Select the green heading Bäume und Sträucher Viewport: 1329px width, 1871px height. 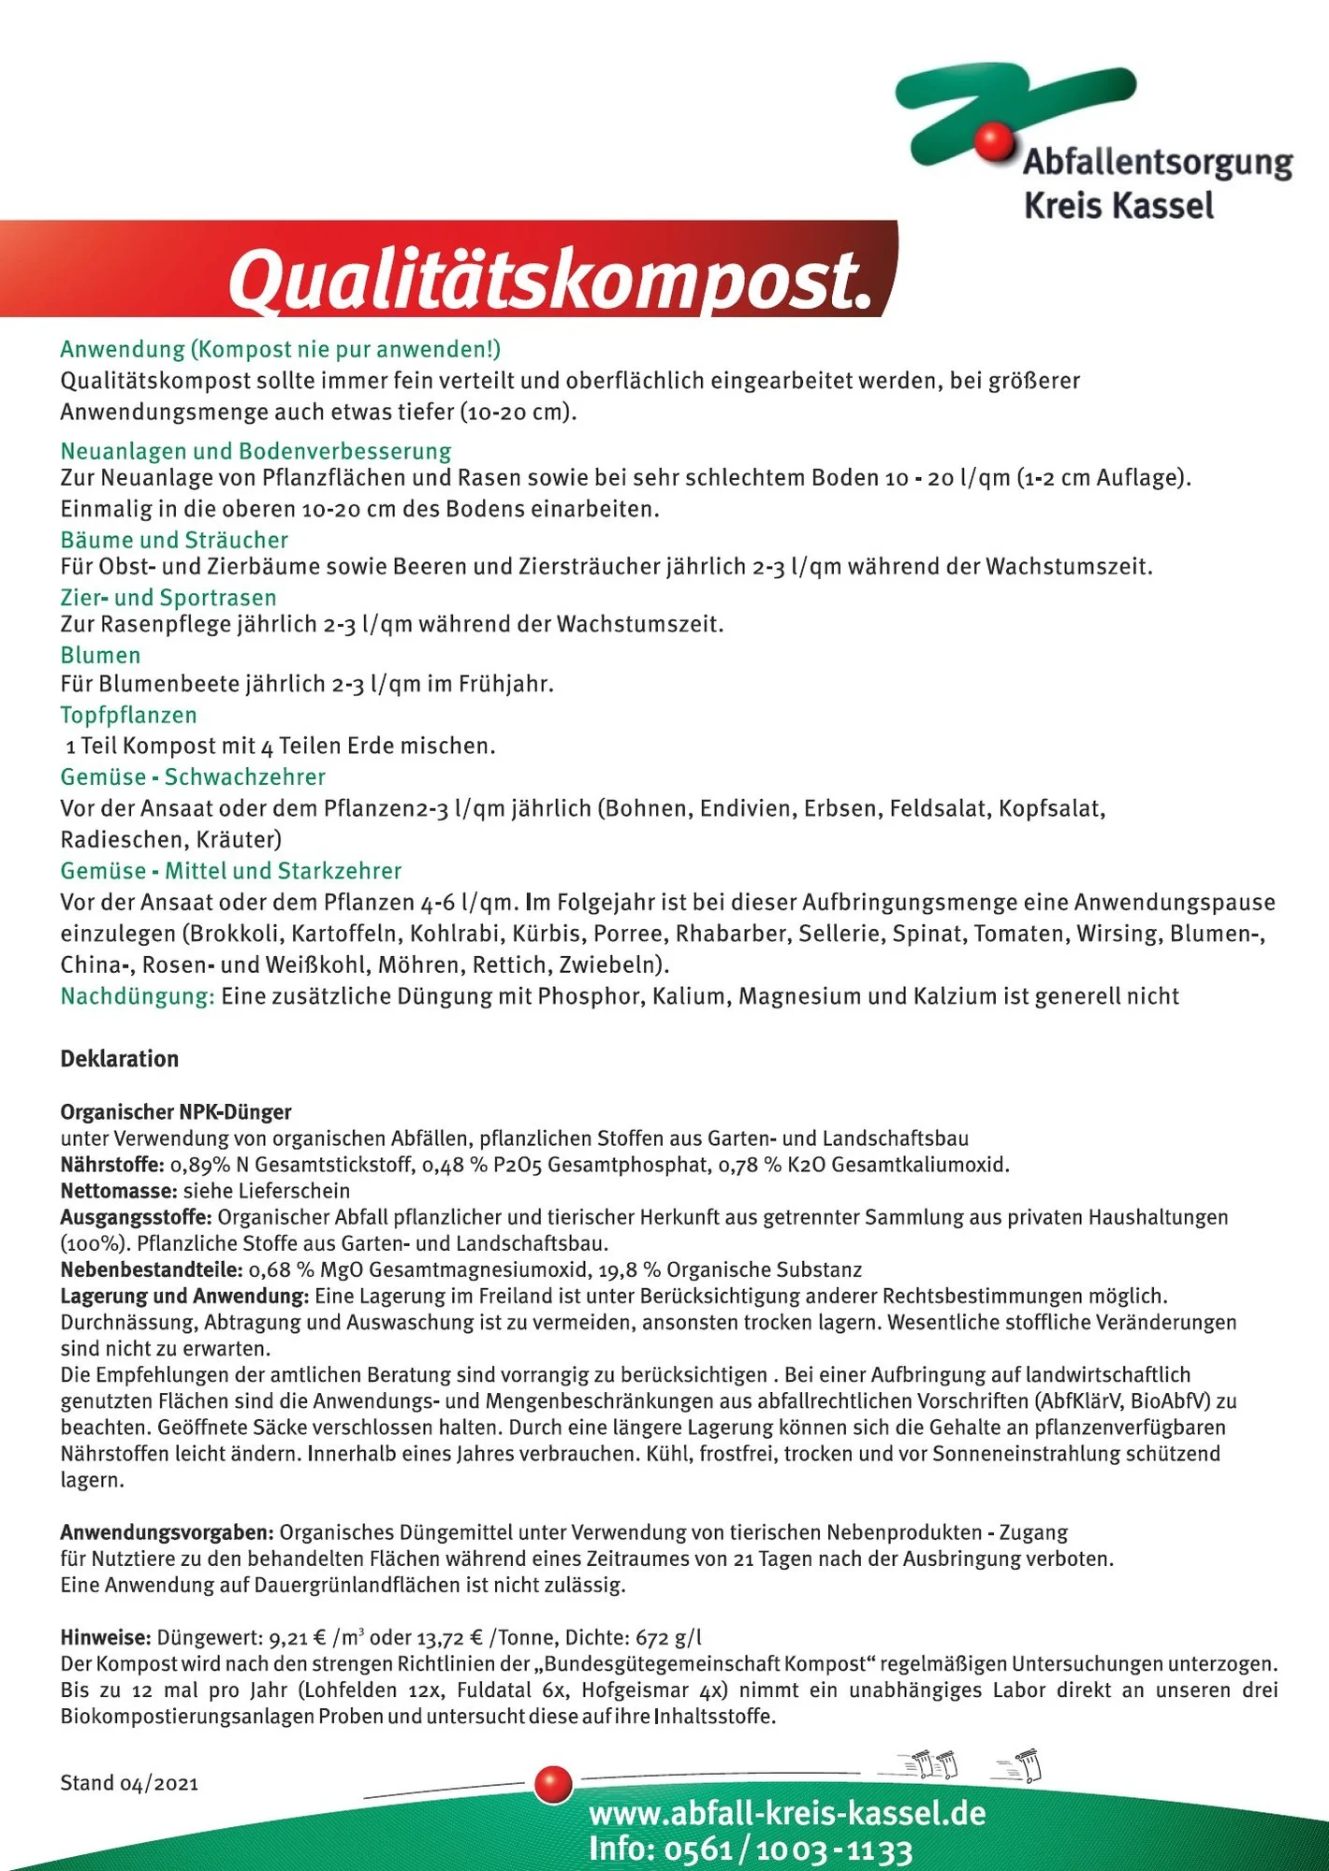click(x=174, y=540)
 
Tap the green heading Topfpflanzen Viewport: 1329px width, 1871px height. click(x=128, y=715)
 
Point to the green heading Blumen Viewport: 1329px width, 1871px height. click(x=100, y=655)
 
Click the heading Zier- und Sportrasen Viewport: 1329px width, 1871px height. click(x=168, y=598)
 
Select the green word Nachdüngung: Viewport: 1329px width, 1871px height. click(x=138, y=996)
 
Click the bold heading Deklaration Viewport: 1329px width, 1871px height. click(x=119, y=1059)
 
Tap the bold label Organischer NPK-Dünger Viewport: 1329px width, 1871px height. click(x=176, y=1112)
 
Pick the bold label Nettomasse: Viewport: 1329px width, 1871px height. click(x=119, y=1191)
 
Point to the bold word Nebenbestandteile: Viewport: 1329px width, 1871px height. click(x=152, y=1269)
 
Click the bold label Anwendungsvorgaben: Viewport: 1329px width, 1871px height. click(x=167, y=1532)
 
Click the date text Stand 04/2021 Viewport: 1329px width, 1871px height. click(x=129, y=1783)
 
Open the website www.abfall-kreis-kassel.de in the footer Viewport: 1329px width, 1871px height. click(x=787, y=1813)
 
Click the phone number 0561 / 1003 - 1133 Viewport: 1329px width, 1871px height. click(x=788, y=1849)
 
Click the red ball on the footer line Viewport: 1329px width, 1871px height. click(x=553, y=1784)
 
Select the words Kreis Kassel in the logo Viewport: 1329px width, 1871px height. click(x=1118, y=206)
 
